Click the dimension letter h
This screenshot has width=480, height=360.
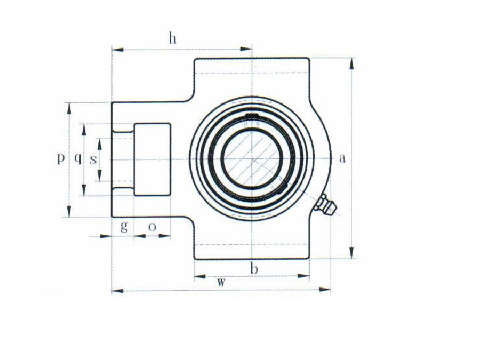[173, 38]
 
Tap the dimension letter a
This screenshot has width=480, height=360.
[342, 158]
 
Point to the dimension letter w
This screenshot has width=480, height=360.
[221, 282]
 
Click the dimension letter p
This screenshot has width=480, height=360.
[61, 158]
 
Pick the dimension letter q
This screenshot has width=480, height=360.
[78, 158]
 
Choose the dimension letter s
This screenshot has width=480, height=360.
[93, 159]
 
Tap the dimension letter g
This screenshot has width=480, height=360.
[124, 227]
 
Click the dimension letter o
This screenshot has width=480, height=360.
[152, 227]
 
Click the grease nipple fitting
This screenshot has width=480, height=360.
[326, 204]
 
